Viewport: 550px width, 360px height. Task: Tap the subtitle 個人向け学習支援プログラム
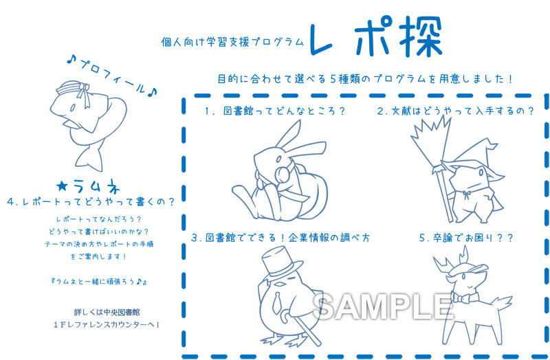[232, 43]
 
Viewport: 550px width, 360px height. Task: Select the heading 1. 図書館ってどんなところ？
[276, 111]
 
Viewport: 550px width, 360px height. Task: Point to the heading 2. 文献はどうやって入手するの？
[455, 111]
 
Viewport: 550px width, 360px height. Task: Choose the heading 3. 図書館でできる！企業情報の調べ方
[280, 238]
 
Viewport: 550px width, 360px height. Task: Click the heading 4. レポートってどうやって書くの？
[91, 202]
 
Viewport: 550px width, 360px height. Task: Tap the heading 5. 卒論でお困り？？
[466, 238]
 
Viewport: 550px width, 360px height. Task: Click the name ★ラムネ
[88, 187]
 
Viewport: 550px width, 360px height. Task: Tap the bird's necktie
[277, 302]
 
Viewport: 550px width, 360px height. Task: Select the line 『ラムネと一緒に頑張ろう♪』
[99, 281]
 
